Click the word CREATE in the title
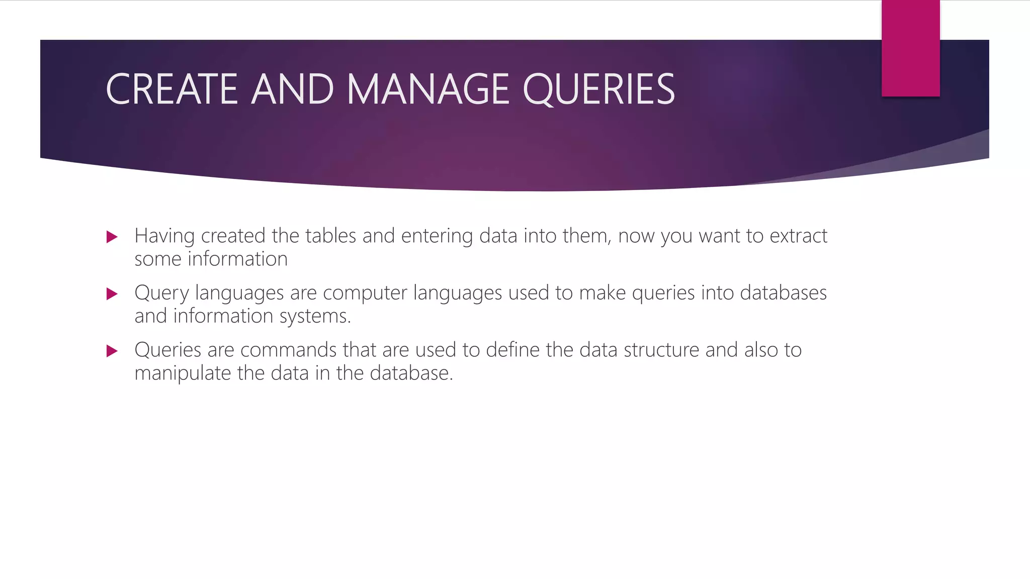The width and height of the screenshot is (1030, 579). (171, 89)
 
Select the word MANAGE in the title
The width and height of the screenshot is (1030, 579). (428, 89)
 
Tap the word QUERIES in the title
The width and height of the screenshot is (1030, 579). (598, 89)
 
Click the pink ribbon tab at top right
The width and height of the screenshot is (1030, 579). (910, 48)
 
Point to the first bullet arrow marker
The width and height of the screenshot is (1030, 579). (112, 237)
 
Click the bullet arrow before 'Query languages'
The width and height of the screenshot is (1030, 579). (112, 294)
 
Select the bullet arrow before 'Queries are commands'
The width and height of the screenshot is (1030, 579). (112, 351)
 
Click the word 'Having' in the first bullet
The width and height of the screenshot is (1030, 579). (164, 236)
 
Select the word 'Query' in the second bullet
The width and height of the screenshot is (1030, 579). (161, 293)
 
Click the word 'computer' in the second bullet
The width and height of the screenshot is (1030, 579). (365, 293)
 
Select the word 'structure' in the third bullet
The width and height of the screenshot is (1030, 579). (661, 350)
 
